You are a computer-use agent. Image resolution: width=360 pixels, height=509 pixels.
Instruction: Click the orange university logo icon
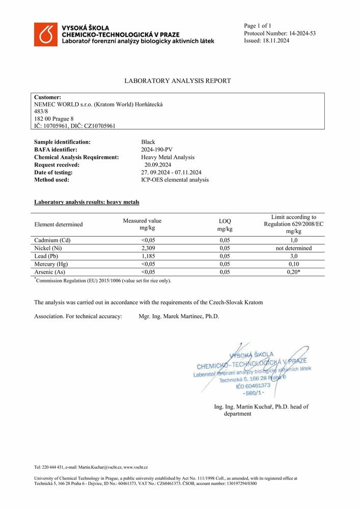(x=46, y=35)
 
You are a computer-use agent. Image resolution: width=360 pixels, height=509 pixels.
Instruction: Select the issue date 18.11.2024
(x=275, y=41)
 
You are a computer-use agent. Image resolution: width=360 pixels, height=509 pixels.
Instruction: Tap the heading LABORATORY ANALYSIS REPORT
(x=177, y=81)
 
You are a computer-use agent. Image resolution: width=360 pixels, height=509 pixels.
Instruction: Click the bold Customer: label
(x=47, y=97)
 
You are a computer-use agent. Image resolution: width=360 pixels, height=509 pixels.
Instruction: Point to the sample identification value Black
(x=148, y=142)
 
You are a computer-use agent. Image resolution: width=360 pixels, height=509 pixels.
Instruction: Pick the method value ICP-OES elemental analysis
(x=175, y=180)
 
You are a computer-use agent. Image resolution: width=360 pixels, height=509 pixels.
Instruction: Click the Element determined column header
(x=58, y=224)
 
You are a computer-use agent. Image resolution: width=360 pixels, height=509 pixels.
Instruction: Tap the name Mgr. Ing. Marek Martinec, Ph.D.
(x=179, y=316)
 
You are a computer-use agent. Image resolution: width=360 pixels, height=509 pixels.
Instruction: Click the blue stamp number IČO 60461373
(x=253, y=386)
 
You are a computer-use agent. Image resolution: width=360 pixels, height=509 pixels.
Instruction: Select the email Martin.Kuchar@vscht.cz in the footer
(x=100, y=467)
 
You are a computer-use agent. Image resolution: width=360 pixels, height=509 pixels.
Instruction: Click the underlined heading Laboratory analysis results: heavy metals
(x=86, y=202)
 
